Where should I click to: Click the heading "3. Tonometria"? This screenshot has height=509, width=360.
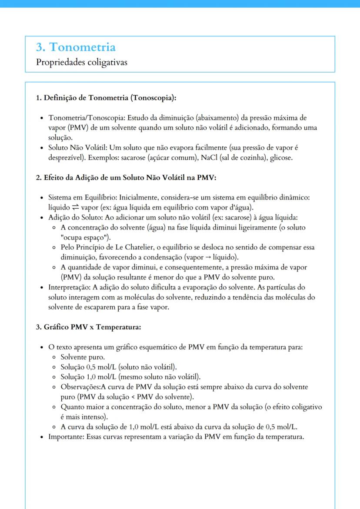[x=76, y=47]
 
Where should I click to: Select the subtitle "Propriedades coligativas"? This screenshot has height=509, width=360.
[x=81, y=62]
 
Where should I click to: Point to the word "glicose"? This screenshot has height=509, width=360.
[x=281, y=157]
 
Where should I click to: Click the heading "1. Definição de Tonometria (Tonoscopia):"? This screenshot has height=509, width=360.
[x=106, y=98]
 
